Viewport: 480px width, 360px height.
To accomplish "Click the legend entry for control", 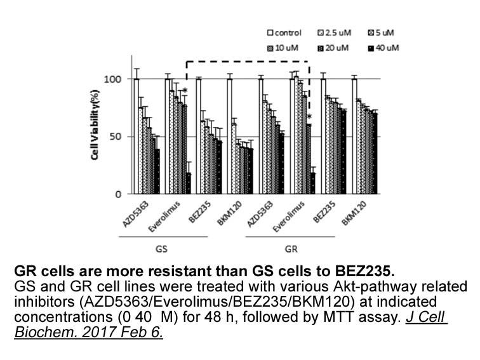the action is coord(284,33).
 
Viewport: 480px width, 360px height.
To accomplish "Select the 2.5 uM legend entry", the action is coord(334,33).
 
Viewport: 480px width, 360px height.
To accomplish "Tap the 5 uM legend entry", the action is coord(381,33).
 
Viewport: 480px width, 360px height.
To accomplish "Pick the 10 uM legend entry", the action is coord(283,48).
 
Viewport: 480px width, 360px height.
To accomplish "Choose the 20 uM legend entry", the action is coord(333,48).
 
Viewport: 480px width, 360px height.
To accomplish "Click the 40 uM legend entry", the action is coord(383,48).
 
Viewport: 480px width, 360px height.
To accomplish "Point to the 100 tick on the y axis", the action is coord(112,79).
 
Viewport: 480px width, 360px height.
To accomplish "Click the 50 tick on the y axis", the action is coord(116,137).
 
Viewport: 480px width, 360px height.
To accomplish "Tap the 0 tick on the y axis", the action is coord(119,194).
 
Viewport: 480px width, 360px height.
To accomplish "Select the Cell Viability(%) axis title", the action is coord(95,124).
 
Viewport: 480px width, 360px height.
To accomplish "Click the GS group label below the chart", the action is coord(161,249).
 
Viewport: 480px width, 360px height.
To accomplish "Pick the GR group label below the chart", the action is coord(291,249).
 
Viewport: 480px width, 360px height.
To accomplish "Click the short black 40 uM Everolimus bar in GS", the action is coord(189,183).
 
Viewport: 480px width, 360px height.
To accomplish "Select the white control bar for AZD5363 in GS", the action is coord(137,137).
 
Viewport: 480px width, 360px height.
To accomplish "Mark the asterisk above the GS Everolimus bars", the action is coord(185,91).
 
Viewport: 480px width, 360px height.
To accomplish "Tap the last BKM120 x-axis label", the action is coord(354,213).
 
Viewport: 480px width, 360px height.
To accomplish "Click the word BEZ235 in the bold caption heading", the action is coord(363,271).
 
